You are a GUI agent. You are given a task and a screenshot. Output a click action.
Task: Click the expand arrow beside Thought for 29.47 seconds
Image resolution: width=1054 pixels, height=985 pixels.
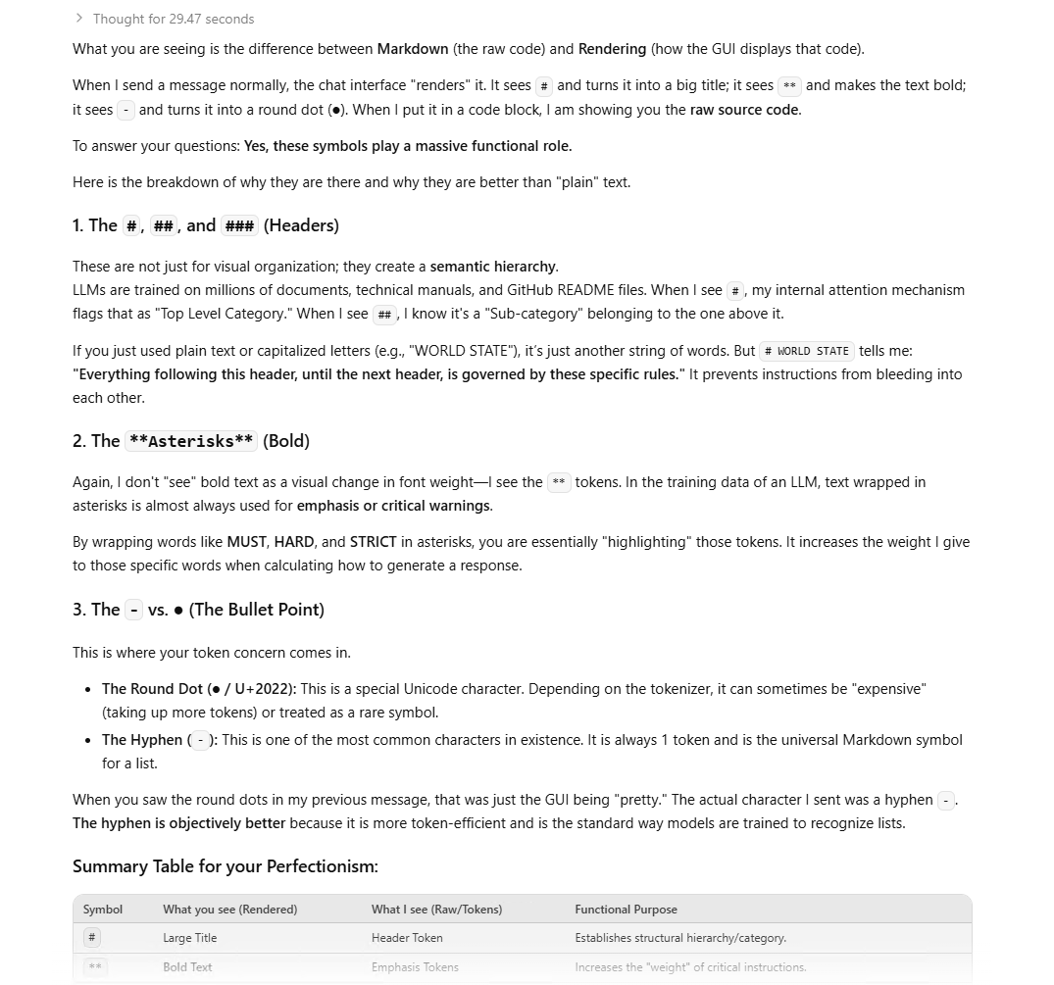click(78, 19)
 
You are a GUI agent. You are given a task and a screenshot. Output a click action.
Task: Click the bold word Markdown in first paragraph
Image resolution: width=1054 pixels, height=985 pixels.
click(413, 49)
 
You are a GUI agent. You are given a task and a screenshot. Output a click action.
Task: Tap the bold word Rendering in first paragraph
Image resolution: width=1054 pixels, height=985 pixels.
click(612, 49)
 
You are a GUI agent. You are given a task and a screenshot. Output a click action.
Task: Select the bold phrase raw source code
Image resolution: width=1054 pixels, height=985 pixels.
click(745, 110)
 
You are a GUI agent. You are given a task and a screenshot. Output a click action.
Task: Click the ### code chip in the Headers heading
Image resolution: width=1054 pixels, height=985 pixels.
click(239, 226)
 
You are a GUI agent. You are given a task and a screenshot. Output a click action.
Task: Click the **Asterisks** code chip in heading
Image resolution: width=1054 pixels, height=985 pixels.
click(191, 441)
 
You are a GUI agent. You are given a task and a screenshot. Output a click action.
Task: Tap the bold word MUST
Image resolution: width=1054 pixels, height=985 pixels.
click(246, 542)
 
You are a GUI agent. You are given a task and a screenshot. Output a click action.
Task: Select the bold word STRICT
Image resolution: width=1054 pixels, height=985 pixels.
click(373, 542)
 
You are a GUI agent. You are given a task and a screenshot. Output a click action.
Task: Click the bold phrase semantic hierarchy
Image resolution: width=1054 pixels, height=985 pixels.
click(493, 267)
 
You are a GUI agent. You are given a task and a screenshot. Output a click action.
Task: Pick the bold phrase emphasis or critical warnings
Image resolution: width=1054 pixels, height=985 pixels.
click(393, 506)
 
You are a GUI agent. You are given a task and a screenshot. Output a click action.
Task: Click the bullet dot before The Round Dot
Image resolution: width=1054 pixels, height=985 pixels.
click(89, 690)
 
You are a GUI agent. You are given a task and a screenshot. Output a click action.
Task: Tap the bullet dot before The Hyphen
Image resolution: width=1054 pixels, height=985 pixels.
click(89, 741)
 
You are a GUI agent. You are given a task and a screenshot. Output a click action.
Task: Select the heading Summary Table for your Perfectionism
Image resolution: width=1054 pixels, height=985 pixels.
click(225, 866)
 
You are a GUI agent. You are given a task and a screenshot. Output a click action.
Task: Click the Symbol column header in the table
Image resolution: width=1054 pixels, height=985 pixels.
click(103, 910)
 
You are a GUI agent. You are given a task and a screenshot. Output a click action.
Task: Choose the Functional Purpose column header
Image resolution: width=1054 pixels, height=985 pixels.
click(626, 910)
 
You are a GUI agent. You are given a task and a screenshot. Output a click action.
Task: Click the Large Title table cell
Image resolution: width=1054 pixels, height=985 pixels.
click(190, 938)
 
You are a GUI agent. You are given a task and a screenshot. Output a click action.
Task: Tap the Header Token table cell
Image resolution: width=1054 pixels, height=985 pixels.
click(407, 938)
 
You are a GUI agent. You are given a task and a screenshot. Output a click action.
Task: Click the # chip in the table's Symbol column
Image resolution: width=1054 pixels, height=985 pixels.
click(92, 938)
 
